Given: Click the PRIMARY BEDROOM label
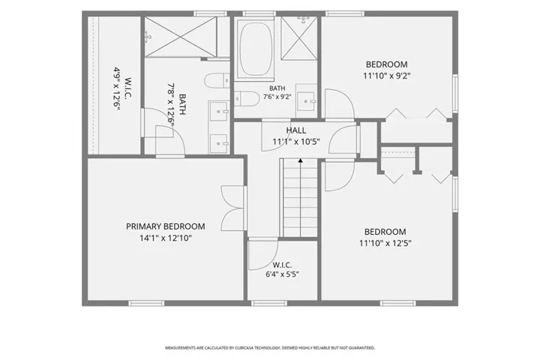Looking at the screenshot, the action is pyautogui.click(x=165, y=226).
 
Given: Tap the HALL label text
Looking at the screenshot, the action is pyautogui.click(x=295, y=130).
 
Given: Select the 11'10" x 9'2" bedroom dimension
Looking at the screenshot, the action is pyautogui.click(x=387, y=76).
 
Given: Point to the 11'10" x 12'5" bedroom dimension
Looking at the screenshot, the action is pyautogui.click(x=385, y=243).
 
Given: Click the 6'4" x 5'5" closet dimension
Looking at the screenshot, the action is pyautogui.click(x=282, y=274).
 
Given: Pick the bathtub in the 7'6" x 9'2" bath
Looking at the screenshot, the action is pyautogui.click(x=255, y=49).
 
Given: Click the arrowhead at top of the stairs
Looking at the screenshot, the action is pyautogui.click(x=300, y=160).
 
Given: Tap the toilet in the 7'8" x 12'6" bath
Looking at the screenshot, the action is pyautogui.click(x=217, y=81).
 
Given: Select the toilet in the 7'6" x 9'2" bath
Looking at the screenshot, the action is pyautogui.click(x=246, y=99).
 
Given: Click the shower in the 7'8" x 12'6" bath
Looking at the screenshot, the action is pyautogui.click(x=181, y=36).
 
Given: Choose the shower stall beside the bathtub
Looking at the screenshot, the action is pyautogui.click(x=298, y=38).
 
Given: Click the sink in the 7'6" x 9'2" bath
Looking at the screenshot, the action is pyautogui.click(x=306, y=101).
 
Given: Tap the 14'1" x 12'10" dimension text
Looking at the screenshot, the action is pyautogui.click(x=166, y=238).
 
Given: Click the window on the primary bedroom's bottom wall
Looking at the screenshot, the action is pyautogui.click(x=146, y=303).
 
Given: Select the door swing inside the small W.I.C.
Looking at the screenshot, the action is pyautogui.click(x=262, y=254).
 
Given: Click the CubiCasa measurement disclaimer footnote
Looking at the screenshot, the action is pyautogui.click(x=270, y=348).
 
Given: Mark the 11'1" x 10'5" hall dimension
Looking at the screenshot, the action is pyautogui.click(x=296, y=142).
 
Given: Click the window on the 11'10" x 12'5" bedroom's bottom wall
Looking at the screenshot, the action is pyautogui.click(x=397, y=303).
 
